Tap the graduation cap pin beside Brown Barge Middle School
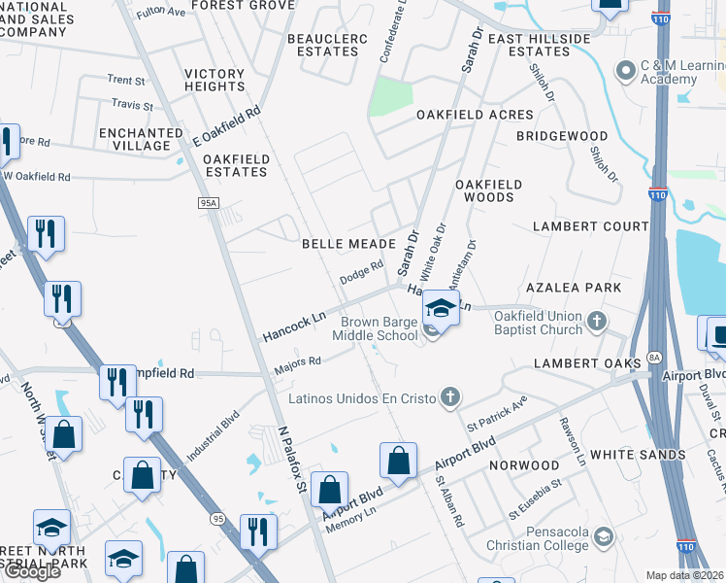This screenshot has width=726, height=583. pyautogui.click(x=440, y=310)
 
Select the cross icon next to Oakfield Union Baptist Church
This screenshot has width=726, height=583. pyautogui.click(x=597, y=320)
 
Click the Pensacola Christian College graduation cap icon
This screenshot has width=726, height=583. pyautogui.click(x=603, y=536)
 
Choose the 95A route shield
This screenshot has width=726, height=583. pyautogui.click(x=208, y=203)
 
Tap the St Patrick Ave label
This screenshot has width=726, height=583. pyautogui.click(x=496, y=414)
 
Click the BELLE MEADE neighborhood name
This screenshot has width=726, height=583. pyautogui.click(x=348, y=244)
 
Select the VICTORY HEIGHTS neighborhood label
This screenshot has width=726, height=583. pyautogui.click(x=214, y=81)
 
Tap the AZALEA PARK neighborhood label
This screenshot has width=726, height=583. pyautogui.click(x=586, y=289)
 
